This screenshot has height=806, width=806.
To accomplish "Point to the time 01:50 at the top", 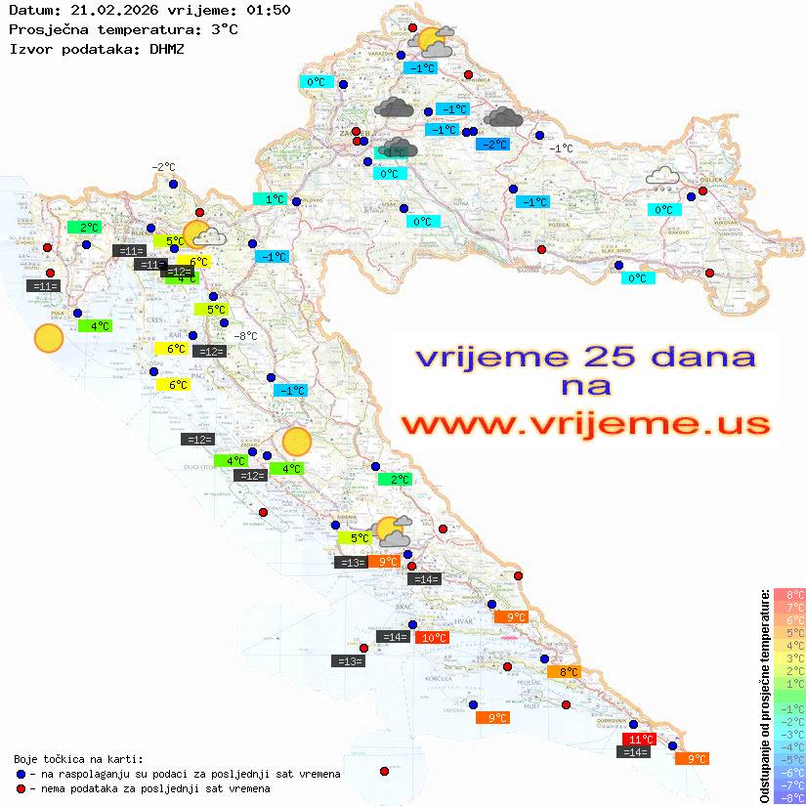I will click(x=269, y=10).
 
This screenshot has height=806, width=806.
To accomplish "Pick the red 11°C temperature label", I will click(x=640, y=739).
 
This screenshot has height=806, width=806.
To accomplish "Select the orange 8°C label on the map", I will click(x=569, y=671).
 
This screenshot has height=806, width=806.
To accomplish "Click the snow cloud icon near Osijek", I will click(x=663, y=177).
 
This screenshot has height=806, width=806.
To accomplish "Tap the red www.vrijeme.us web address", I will click(x=584, y=424).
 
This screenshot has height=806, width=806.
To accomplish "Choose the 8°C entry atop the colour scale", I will click(x=789, y=595).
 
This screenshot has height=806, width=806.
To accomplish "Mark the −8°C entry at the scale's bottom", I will click(x=789, y=797).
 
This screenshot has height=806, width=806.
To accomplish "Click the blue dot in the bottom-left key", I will click(x=21, y=774).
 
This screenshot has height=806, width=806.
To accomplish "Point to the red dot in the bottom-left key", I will click(x=21, y=788).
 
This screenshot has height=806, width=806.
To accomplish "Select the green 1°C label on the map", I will click(x=274, y=198).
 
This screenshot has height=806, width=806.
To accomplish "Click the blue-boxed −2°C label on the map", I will click(x=493, y=145).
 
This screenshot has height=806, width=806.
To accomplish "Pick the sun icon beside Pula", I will click(x=48, y=338).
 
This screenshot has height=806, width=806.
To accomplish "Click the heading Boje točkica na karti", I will click(x=78, y=758).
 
